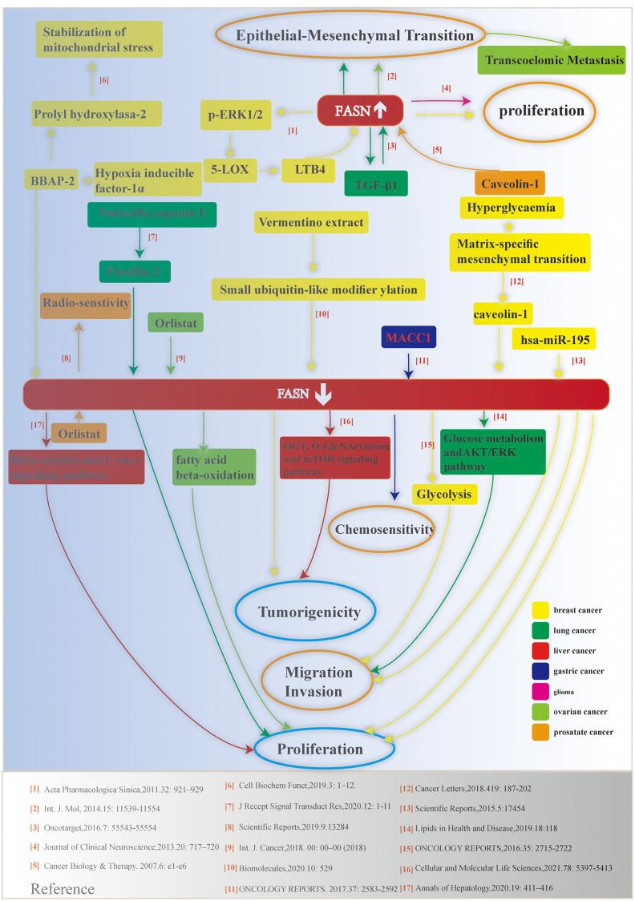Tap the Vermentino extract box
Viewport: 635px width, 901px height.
[309, 222]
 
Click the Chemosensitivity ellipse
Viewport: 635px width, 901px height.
[385, 530]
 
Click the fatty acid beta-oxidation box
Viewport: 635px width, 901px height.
[214, 467]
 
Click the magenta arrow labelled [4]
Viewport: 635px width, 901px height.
[440, 102]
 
